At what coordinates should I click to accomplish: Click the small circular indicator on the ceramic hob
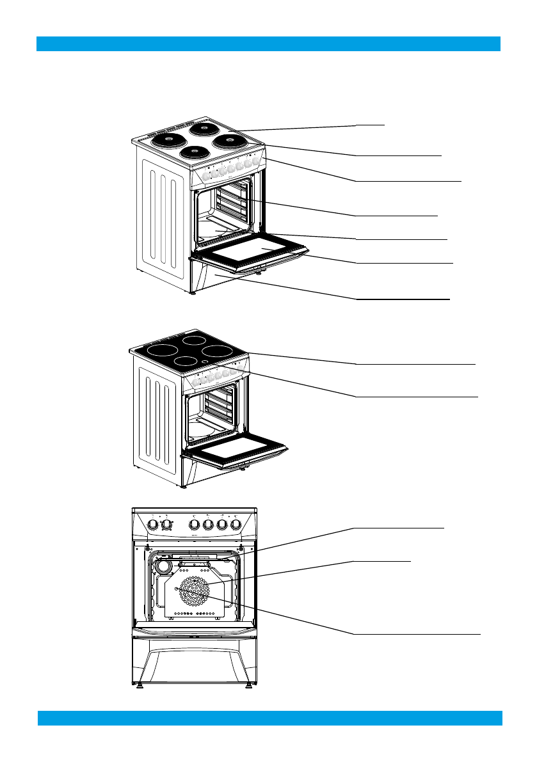pos(204,362)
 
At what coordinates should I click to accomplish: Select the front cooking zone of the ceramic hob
pos(185,361)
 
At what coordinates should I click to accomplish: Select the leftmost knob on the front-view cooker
pos(153,525)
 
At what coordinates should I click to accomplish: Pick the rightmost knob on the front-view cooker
pos(236,525)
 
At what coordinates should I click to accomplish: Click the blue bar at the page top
pos(268,44)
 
